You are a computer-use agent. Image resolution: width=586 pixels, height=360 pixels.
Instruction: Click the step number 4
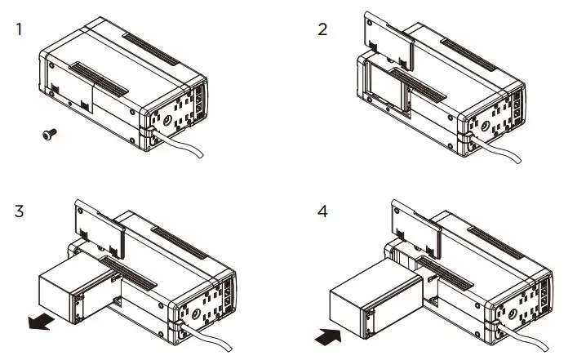(323, 211)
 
